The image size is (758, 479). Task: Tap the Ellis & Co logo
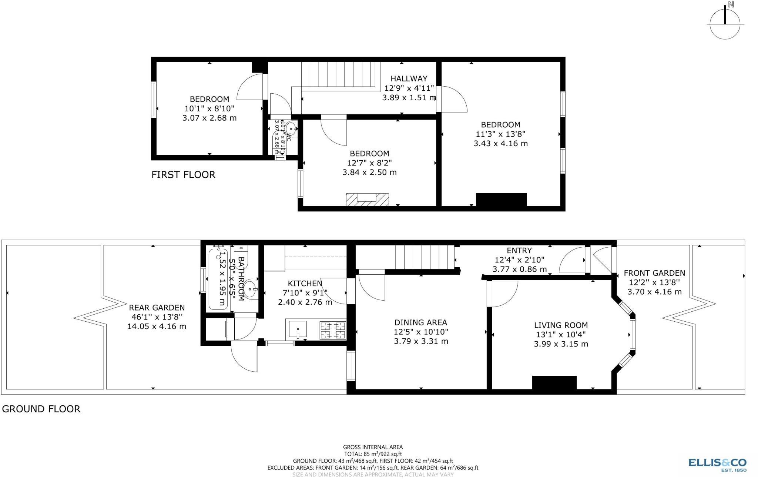717,464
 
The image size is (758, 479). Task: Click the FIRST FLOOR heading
183,175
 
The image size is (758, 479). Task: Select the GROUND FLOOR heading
41,409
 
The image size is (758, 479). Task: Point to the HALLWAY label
409,78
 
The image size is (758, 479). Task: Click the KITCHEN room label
305,284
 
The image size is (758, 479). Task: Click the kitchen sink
298,329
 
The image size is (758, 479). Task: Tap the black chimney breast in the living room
554,382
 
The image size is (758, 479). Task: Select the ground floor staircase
425,257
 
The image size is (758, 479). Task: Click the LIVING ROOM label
561,325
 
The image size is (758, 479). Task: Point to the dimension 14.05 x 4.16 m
157,326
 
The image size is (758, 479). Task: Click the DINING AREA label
421,322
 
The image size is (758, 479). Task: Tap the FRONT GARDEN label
654,273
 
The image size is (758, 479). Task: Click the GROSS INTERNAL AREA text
373,447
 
